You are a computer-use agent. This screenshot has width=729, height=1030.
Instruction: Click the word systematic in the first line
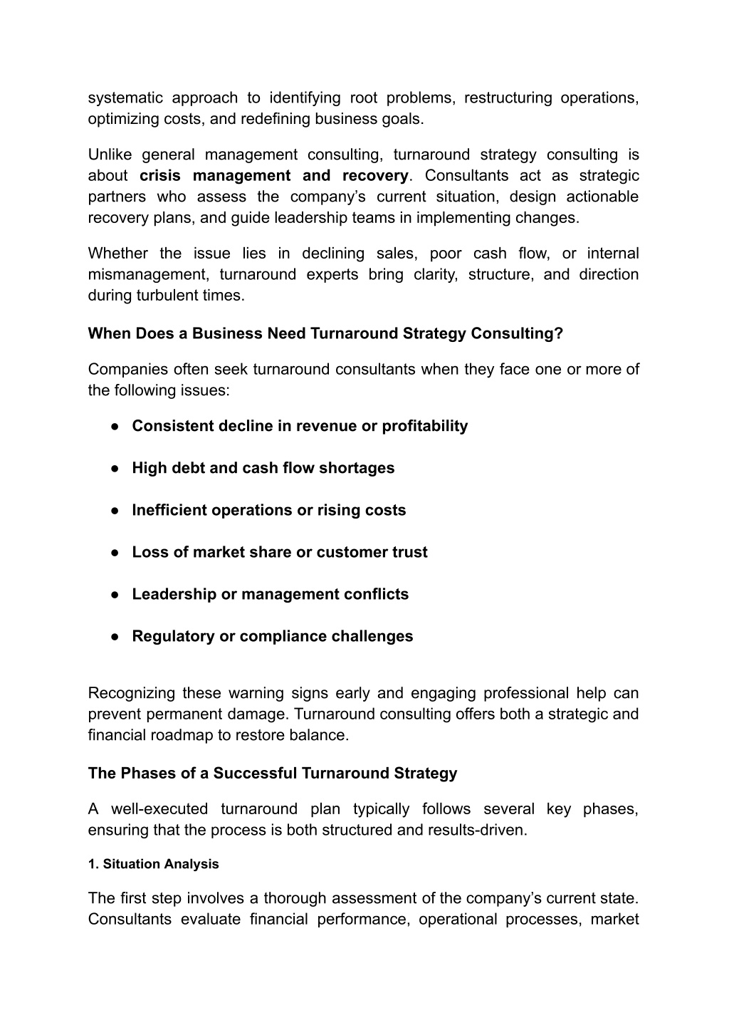[x=125, y=98]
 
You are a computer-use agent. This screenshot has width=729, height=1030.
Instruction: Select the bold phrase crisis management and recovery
[x=274, y=176]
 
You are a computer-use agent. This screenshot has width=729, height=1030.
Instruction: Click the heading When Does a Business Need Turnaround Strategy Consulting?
[x=325, y=333]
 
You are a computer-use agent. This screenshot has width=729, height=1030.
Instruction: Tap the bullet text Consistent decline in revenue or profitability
[x=300, y=426]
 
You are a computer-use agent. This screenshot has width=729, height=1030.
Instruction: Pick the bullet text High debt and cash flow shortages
[x=263, y=468]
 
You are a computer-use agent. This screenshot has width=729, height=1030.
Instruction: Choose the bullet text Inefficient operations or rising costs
[x=268, y=510]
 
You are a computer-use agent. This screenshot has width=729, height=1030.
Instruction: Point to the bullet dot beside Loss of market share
[x=114, y=553]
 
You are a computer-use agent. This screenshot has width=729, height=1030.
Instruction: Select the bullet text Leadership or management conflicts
[x=270, y=594]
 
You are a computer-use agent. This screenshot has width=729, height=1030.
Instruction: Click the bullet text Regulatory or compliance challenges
[x=272, y=636]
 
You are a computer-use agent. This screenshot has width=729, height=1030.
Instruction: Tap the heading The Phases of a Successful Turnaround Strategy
[x=273, y=773]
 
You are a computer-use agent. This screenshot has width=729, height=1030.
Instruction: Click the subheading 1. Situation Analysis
[x=153, y=864]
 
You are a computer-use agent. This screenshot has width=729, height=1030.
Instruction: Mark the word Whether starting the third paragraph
[x=118, y=254]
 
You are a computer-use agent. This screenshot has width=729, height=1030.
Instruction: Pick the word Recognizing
[x=131, y=693]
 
